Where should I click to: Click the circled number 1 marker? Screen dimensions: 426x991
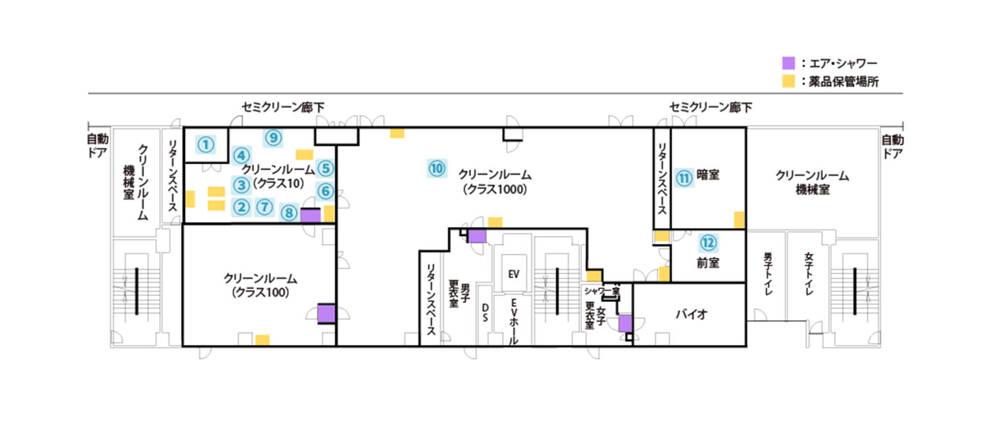pos(206,145)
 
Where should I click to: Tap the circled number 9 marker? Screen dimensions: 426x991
pos(274,138)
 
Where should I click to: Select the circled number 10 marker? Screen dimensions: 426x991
pos(437,169)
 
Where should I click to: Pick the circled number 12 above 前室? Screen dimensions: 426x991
pos(708,243)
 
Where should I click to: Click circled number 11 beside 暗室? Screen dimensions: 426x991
pos(684,178)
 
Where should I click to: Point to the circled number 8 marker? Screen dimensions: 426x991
pos(289,213)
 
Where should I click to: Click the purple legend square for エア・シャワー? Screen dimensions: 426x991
pos(788,63)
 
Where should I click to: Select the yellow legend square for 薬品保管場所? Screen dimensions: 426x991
pos(788,81)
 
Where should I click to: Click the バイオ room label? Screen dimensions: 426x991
pos(692,314)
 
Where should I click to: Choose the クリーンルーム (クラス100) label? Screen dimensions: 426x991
pos(260,285)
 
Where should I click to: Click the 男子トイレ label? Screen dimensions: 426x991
pos(768,273)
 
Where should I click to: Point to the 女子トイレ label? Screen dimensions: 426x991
pos(809,273)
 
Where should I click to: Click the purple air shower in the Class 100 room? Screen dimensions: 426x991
pos(326,314)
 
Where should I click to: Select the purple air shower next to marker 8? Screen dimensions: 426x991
pos(311,215)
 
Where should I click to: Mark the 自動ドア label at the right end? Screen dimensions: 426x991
pos(892,147)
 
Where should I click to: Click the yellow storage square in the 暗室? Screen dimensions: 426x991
pos(739,219)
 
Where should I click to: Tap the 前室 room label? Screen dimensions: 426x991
pos(708,263)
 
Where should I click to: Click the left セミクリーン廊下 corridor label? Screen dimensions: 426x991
pos(283,107)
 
